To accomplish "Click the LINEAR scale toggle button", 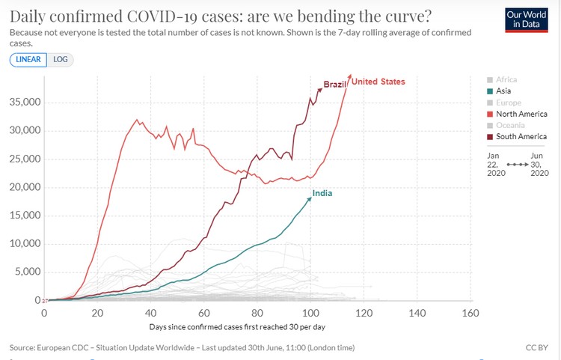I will pos(28,60).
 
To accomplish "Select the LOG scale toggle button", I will pos(61,60).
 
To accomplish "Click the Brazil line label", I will pos(335,85).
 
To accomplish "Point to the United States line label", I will pos(378,82).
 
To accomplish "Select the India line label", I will pos(322,194).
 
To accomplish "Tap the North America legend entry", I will pos(521,114).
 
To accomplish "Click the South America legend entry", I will pos(521,136).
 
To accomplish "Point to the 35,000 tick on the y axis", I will pos(24,103).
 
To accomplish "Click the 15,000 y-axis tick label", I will pos(24,216).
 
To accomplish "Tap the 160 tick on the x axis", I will pos(470,312).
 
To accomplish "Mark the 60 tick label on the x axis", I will pos(204,312).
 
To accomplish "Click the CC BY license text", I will pos(537,348).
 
